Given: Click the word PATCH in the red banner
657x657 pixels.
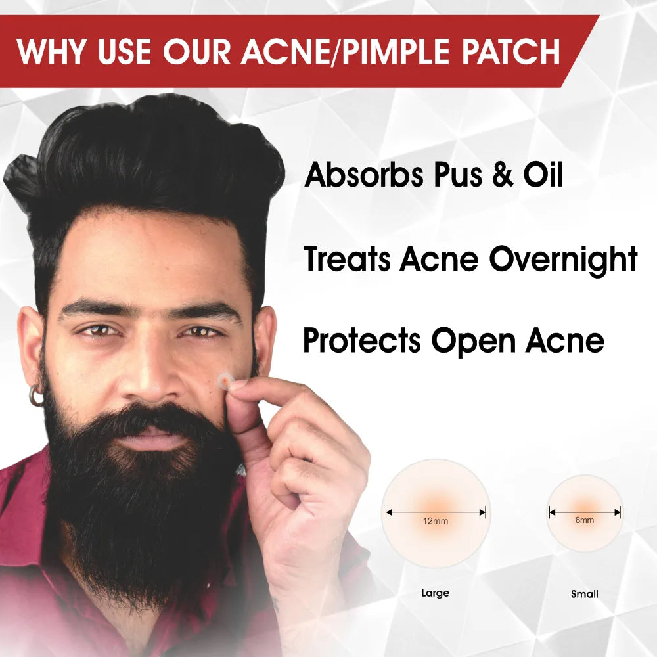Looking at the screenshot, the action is (510, 51).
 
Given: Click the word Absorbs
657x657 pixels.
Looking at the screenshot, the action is (364, 174).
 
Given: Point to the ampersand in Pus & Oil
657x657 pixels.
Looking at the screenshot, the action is (503, 174).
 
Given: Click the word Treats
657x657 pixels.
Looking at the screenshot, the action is (347, 258).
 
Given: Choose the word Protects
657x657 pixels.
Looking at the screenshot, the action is (361, 340).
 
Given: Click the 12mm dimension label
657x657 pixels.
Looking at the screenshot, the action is (436, 521).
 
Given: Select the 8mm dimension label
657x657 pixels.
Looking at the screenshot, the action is (585, 520).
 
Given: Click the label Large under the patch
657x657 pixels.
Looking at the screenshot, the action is (436, 593).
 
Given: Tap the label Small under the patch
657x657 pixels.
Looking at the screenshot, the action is (585, 594).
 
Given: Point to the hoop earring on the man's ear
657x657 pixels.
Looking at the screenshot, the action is (36, 396).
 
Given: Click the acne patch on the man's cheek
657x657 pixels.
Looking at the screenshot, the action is (225, 380).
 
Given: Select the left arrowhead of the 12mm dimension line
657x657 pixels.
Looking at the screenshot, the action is (388, 512).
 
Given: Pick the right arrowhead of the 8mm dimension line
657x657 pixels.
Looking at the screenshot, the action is (618, 512).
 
